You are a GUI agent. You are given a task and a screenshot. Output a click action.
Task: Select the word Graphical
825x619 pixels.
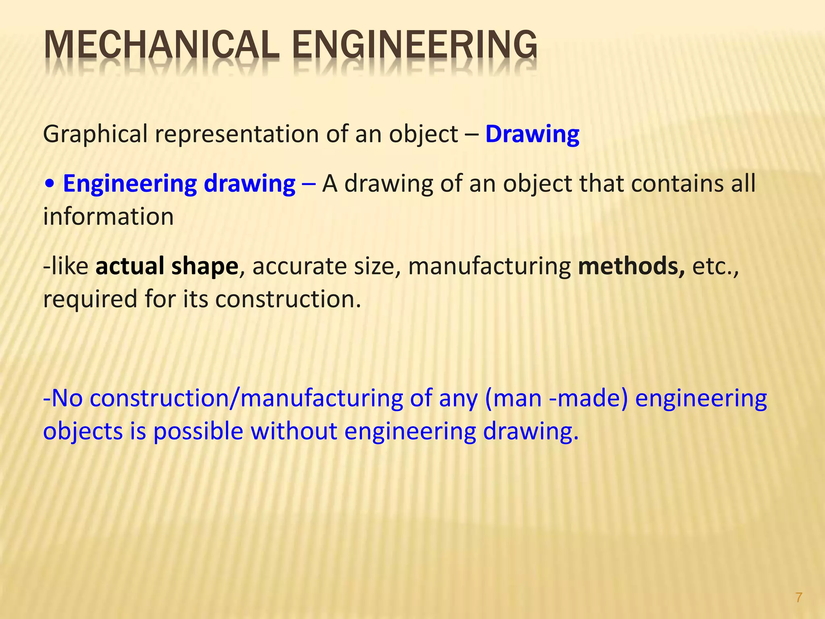coord(95,134)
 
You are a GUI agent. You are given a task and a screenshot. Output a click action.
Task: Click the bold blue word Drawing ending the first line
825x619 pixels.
coord(532,134)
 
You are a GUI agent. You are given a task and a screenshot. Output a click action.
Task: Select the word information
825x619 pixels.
coord(108,217)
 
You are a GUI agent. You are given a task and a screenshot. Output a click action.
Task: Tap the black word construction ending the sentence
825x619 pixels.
coord(288,299)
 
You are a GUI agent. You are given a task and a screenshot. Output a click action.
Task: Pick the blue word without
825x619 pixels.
coord(294,431)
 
